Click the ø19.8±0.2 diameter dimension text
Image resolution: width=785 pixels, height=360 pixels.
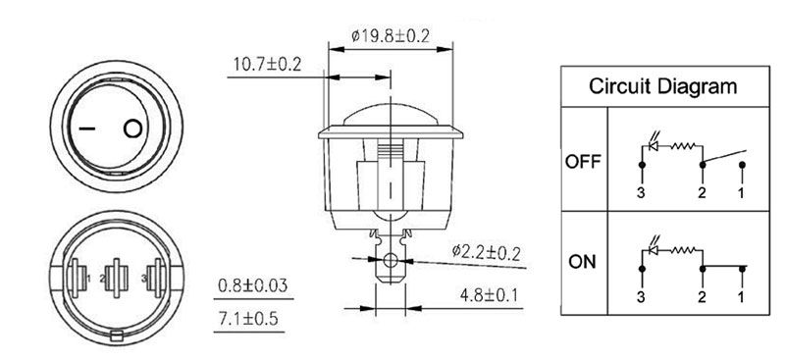[x=391, y=36]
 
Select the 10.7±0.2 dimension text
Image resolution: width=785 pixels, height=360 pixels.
[x=267, y=65]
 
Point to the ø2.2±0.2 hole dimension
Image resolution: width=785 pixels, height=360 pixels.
[x=486, y=251]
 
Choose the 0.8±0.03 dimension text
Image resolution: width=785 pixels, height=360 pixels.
[x=253, y=285]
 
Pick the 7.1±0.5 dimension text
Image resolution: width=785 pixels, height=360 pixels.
[x=248, y=319]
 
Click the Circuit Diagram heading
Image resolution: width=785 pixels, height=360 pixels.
[x=663, y=86]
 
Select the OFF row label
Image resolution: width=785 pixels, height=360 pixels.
[x=583, y=162]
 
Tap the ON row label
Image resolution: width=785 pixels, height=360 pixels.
[x=582, y=262]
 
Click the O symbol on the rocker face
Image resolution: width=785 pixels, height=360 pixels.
[x=132, y=129]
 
